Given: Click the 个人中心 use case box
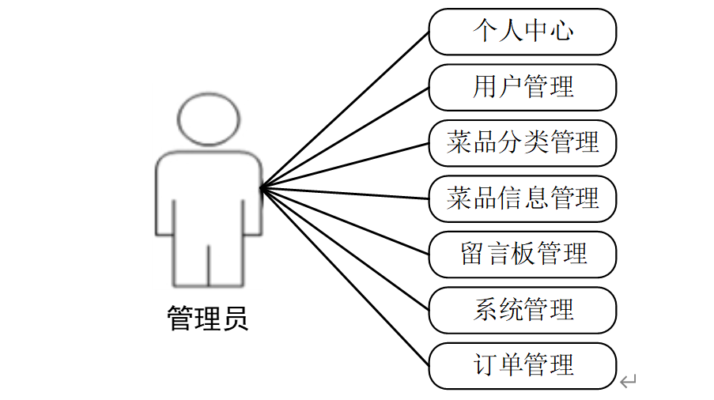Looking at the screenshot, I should tap(522, 32).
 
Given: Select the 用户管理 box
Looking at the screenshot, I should tap(522, 87).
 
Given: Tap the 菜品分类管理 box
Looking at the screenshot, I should tap(522, 143).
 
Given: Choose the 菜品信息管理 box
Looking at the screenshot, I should tap(522, 198).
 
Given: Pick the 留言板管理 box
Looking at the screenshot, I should tap(522, 255).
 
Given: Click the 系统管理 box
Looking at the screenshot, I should tap(522, 310).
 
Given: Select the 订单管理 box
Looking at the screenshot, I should tap(522, 365).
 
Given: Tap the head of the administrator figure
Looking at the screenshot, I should tap(208, 119).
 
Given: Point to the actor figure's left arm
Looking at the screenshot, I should tap(164, 198).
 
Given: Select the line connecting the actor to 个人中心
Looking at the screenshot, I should tap(344, 110).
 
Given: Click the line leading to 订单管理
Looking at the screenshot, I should tap(344, 277).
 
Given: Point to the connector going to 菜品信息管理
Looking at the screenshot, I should tap(344, 193).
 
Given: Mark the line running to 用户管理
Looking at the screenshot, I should tap(344, 138).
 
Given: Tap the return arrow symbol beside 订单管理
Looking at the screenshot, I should tap(628, 382).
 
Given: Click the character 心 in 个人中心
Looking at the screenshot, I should tap(562, 32).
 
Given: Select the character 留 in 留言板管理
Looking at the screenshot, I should tap(472, 255).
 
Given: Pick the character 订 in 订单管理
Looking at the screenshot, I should tap(485, 365).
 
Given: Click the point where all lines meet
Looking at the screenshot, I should tap(261, 187).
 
